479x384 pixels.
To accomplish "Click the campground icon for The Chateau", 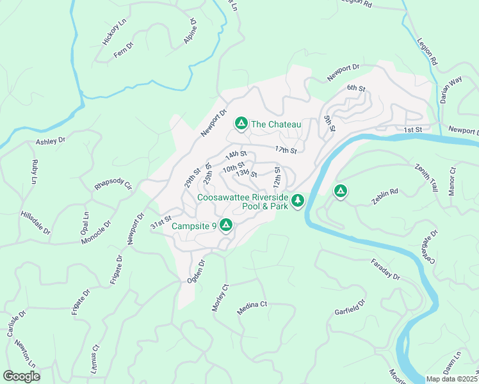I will coord(241,123).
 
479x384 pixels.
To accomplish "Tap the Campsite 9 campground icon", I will coord(225,225).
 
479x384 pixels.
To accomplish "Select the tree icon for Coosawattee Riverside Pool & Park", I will coord(297,202).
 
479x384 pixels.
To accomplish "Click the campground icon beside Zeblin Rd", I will coord(341,191).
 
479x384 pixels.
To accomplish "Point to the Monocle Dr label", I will coord(96,232).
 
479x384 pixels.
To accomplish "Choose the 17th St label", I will coord(286,150).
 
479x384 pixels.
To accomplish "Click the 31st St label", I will coord(161,222).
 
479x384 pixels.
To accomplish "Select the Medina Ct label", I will coord(252,308).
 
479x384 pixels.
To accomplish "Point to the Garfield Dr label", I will coord(350,307).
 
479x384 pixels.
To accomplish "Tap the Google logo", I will coord(21,376).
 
